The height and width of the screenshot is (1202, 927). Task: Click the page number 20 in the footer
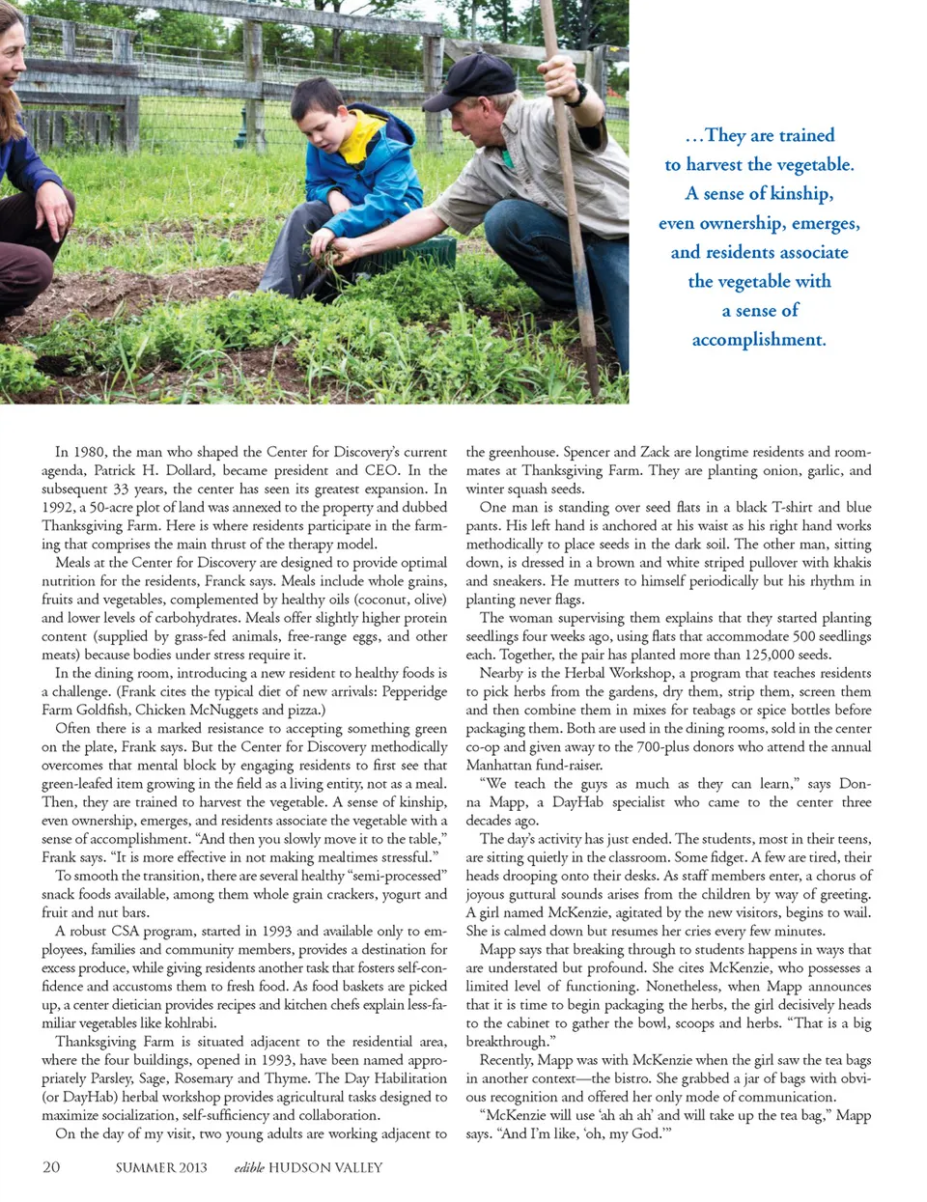click(x=51, y=1166)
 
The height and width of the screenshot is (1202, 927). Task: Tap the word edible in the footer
click(x=248, y=1167)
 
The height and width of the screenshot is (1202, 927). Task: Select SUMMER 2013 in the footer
click(x=161, y=1167)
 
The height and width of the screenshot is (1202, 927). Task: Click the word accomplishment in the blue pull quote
click(x=758, y=340)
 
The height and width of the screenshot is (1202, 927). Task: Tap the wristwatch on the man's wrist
click(x=576, y=95)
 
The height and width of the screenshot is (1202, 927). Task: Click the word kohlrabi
click(x=189, y=1023)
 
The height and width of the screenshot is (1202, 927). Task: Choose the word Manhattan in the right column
click(x=498, y=765)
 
